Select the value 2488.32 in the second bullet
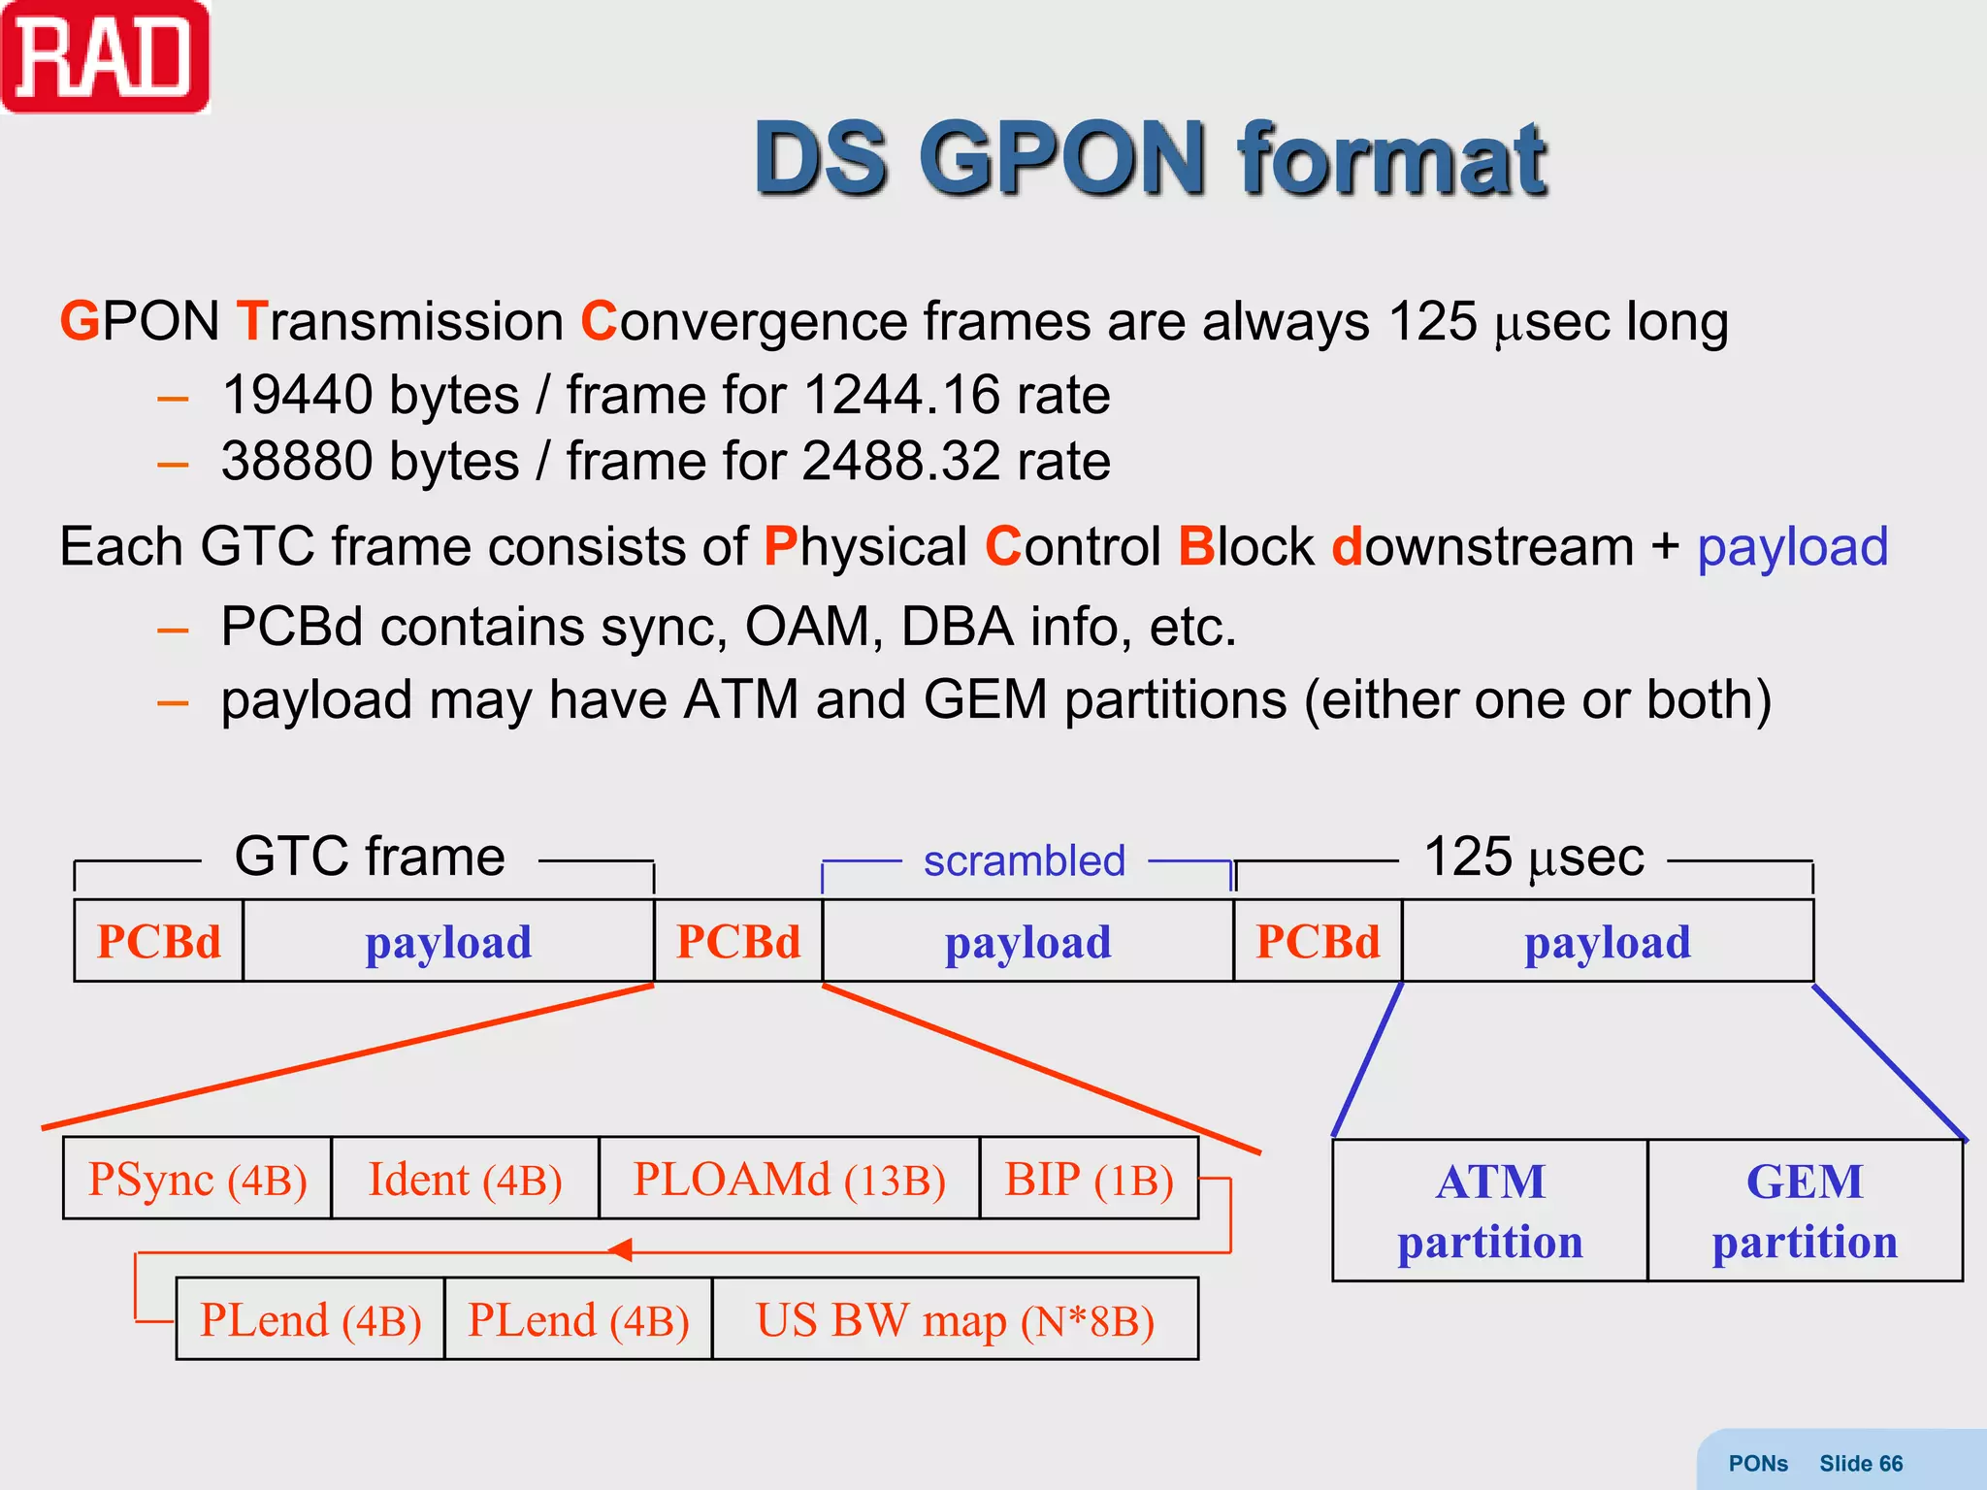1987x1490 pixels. click(x=900, y=462)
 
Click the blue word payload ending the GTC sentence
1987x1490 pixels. click(x=1791, y=547)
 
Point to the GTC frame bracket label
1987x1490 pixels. click(x=370, y=857)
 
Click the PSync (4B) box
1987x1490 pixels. click(x=197, y=1180)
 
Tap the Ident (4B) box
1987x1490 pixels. click(x=465, y=1180)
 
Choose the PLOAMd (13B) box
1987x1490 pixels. click(x=789, y=1180)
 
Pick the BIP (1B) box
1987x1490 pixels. click(x=1089, y=1180)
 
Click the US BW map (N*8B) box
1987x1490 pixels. click(x=955, y=1320)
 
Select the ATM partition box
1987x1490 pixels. click(x=1489, y=1211)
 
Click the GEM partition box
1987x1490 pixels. click(x=1805, y=1211)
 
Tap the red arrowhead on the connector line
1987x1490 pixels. click(x=621, y=1250)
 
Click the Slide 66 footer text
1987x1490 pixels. click(x=1860, y=1463)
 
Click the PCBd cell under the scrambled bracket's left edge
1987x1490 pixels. click(x=738, y=942)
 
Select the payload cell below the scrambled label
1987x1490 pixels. click(x=1027, y=942)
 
